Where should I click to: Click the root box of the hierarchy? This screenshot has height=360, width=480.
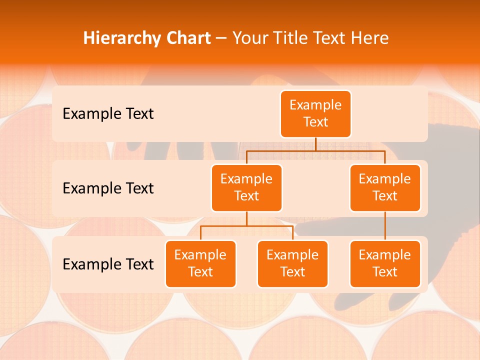(x=315, y=113)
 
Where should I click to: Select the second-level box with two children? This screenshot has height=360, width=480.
(x=246, y=187)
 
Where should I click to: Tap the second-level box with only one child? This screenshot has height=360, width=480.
(x=385, y=187)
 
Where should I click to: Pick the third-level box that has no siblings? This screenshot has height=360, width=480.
(x=385, y=263)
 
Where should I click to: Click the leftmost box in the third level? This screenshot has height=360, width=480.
(x=200, y=263)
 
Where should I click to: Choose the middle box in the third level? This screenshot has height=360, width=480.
(x=292, y=263)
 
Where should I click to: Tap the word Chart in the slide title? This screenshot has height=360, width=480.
(x=186, y=38)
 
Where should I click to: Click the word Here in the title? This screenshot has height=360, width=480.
(x=370, y=38)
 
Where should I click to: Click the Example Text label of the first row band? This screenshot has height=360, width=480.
(x=108, y=113)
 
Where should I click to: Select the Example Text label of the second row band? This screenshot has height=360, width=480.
(x=108, y=188)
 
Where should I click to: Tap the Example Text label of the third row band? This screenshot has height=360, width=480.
(x=108, y=263)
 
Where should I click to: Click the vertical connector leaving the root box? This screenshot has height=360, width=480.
(x=315, y=144)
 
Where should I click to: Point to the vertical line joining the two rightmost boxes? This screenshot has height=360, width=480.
(x=385, y=226)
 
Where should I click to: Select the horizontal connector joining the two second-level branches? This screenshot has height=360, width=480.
(x=315, y=150)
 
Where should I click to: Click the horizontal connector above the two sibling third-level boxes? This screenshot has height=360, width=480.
(x=246, y=226)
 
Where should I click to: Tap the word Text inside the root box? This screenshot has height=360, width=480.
(x=315, y=122)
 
